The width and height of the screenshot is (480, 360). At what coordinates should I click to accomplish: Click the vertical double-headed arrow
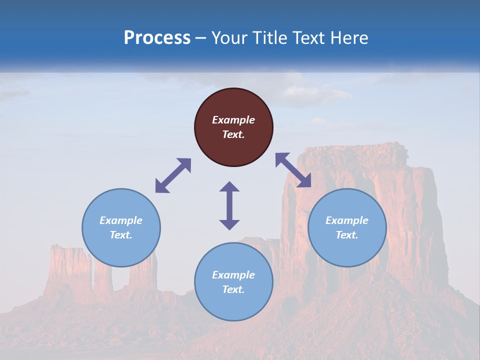tap(229, 205)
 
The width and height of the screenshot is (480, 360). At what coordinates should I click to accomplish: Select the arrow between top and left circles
tap(173, 175)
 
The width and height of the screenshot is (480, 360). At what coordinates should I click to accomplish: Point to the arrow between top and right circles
tap(293, 170)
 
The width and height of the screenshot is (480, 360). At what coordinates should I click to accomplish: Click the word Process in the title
tap(157, 37)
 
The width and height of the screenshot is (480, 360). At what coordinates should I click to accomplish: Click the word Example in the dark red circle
tap(233, 120)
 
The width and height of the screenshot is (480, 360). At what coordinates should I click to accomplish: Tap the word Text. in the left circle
tap(121, 235)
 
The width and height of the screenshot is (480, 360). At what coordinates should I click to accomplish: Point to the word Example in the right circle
tap(347, 220)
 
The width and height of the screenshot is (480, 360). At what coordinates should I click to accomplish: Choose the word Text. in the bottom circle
tap(233, 289)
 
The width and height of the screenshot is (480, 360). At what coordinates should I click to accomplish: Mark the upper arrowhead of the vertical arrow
tap(229, 187)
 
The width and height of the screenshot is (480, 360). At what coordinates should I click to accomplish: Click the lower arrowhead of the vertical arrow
tap(229, 224)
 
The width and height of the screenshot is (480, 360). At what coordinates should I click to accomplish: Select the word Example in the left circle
tap(121, 220)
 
